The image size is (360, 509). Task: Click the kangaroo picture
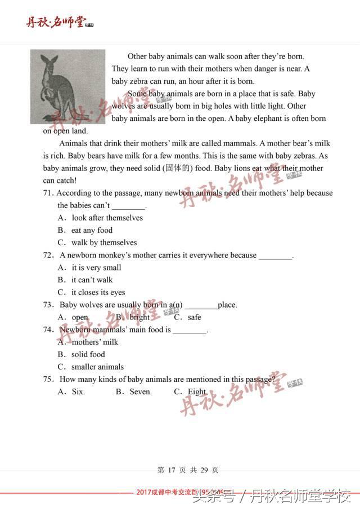pos(67,87)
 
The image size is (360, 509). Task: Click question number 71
pos(48,193)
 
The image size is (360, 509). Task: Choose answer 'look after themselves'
pos(107,218)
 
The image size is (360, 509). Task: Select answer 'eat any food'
pos(92,231)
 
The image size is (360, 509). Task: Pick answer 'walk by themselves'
pos(104,243)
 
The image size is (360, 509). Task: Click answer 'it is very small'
pos(96,268)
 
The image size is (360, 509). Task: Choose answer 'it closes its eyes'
pos(98,292)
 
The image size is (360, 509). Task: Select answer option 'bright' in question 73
pos(139,317)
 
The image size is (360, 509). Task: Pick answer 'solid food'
pos(88,354)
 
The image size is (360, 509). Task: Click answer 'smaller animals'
pos(97,367)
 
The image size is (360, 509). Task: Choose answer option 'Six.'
pos(78,392)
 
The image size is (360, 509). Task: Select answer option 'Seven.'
pos(141,392)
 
